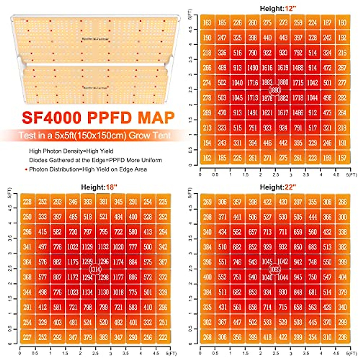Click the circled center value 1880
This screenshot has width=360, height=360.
pyautogui.click(x=275, y=90)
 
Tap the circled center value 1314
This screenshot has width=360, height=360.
pyautogui.click(x=95, y=269)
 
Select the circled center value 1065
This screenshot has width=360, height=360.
pyautogui.click(x=275, y=269)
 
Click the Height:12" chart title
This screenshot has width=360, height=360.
pyautogui.click(x=278, y=8)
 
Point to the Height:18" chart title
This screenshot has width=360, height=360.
pyautogui.click(x=99, y=187)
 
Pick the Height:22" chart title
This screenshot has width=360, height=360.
pyautogui.click(x=278, y=187)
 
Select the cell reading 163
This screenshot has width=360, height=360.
pyautogui.click(x=207, y=22)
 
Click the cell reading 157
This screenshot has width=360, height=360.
pyautogui.click(x=342, y=158)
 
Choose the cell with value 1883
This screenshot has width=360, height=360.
pyautogui.click(x=267, y=82)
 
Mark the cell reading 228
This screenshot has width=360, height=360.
pyautogui.click(x=27, y=202)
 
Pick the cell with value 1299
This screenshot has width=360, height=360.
pyautogui.click(x=87, y=262)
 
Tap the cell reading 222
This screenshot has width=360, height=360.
pyautogui.click(x=163, y=337)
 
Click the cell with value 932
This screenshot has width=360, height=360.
pyautogui.click(x=283, y=247)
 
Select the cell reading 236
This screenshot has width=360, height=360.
pyautogui.click(x=342, y=337)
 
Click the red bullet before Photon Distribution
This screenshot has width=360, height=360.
pyautogui.click(x=26, y=170)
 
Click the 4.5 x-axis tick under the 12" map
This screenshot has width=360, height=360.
pyautogui.click(x=336, y=175)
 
